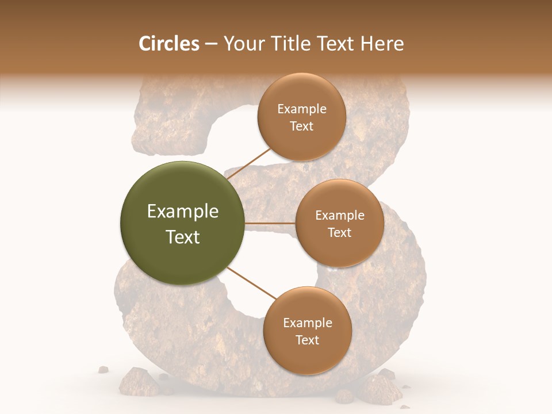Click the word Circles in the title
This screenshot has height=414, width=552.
168,44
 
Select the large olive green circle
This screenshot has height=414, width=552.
182,223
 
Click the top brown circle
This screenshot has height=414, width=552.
301,117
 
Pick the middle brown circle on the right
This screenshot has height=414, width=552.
339,223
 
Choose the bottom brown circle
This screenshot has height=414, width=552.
307,331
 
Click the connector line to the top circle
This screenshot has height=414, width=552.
250,163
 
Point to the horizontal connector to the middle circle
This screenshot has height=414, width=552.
270,223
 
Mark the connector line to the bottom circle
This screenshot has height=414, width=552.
252,283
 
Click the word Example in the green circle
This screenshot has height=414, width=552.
183,212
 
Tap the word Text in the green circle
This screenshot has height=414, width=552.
183,236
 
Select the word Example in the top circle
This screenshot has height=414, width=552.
302,109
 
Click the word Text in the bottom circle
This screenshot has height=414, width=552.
307,340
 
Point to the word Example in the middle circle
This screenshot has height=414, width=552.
340,216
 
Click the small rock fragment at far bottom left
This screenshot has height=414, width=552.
103,369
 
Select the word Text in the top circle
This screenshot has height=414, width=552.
302,126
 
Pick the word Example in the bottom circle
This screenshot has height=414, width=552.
308,323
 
